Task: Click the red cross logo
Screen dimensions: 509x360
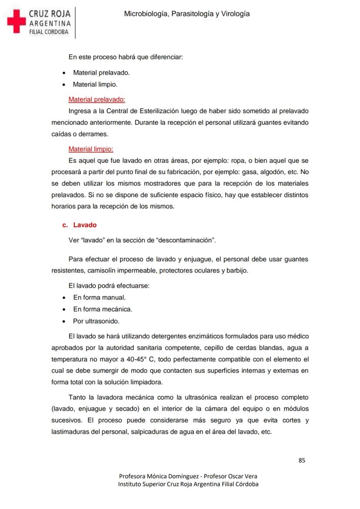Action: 17,21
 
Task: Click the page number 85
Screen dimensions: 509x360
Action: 302,460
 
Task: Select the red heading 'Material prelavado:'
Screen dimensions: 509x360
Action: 97,99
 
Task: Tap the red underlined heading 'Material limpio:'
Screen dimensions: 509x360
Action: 91,149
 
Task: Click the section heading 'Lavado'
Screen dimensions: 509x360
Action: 85,225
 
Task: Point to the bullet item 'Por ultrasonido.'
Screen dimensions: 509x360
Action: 96,321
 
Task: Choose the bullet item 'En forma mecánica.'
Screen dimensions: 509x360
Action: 103,309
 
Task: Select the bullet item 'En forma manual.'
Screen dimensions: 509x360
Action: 99,298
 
